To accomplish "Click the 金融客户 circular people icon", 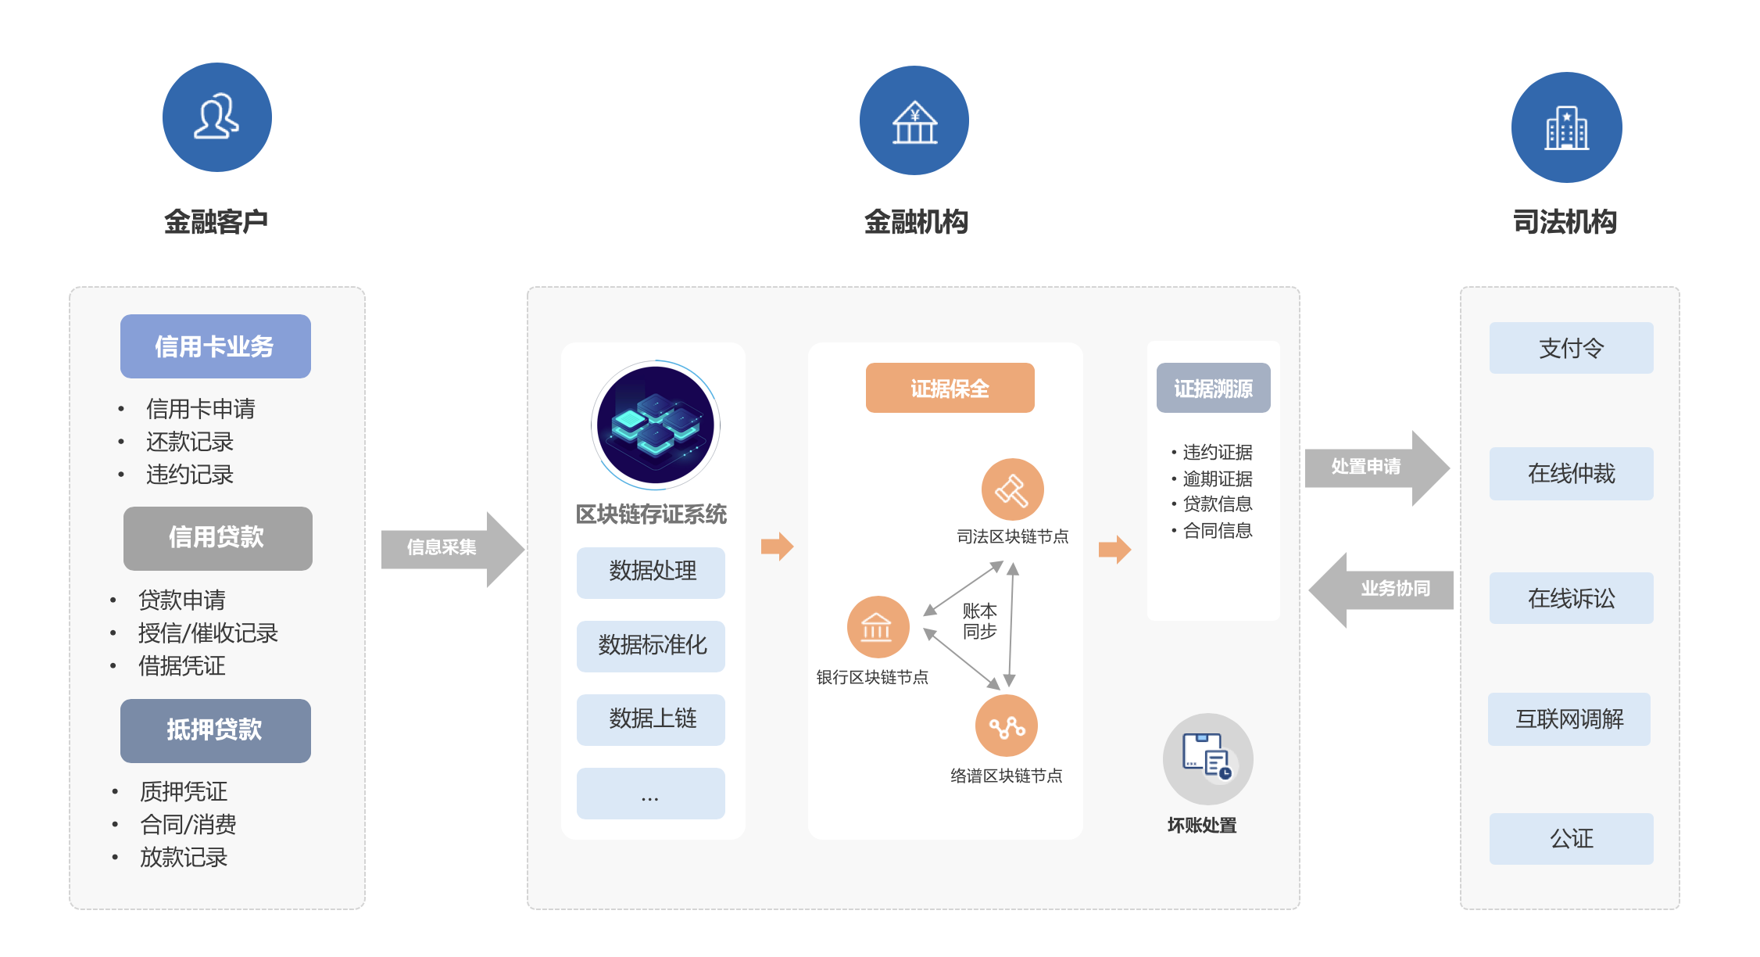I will point(216,117).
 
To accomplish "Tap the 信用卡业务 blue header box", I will point(216,346).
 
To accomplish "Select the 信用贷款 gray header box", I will point(217,538).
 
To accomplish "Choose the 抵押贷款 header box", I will point(216,730).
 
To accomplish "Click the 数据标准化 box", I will point(651,646).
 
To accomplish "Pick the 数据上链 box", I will point(651,719).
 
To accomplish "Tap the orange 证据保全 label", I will point(950,388).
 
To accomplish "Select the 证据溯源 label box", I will point(1213,388).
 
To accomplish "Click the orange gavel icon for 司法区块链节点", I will point(1012,489).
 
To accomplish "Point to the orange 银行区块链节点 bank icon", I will point(878,627).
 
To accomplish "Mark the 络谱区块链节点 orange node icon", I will point(1006,726).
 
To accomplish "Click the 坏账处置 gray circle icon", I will point(1207,758).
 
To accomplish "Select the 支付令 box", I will point(1571,348).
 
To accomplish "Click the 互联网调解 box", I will point(1569,719).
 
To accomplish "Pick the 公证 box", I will point(1571,839).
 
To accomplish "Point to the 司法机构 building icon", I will point(1566,127).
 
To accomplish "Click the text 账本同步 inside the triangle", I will point(979,621).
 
